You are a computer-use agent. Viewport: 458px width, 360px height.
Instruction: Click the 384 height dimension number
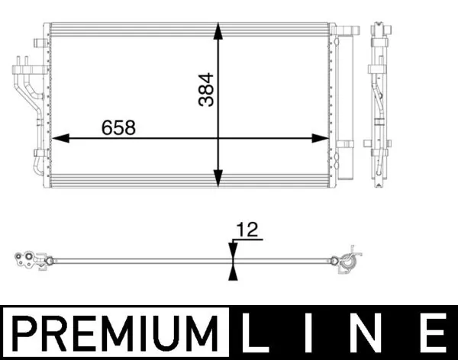206,90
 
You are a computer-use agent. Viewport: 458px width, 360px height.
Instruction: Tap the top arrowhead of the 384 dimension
219,31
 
